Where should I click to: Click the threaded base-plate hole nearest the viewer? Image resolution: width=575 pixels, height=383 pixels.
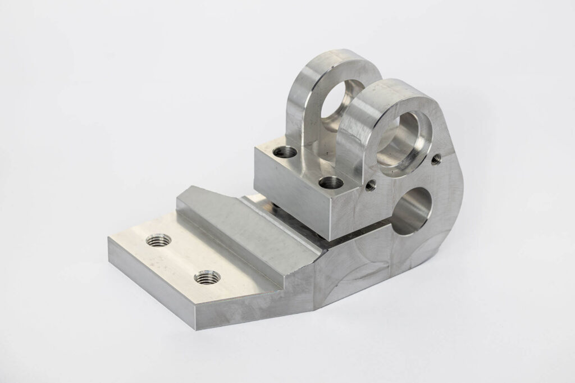coord(207,277)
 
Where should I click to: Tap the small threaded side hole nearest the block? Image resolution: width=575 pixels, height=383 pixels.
coord(370,184)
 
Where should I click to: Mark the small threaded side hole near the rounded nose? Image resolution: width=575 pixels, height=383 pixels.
coord(436,161)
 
